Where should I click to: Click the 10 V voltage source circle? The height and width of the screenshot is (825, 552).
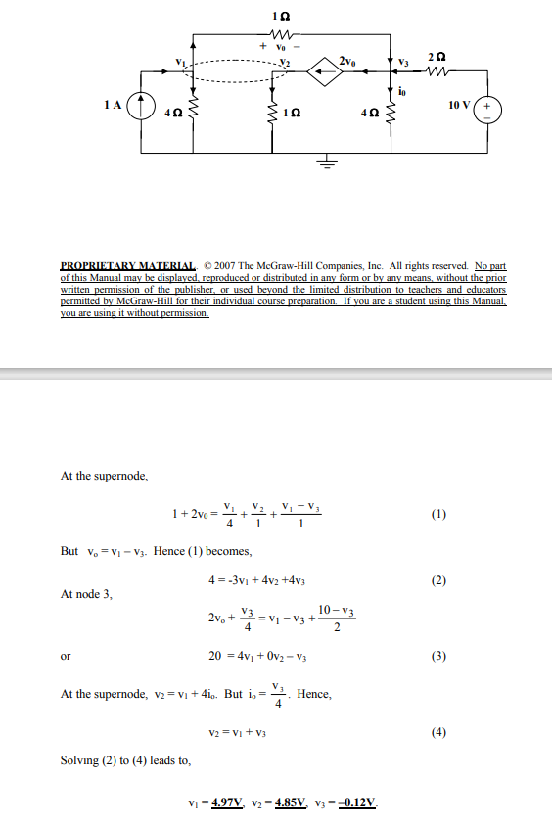(488, 110)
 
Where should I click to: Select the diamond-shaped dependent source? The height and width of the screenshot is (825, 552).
(322, 69)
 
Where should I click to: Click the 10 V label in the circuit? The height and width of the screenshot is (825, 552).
(458, 104)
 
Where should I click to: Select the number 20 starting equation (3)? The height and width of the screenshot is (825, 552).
(216, 655)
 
